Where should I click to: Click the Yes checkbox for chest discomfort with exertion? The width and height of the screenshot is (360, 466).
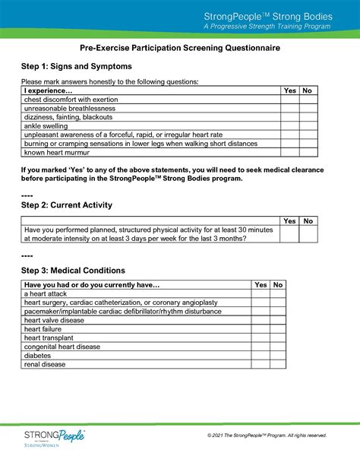(x=289, y=100)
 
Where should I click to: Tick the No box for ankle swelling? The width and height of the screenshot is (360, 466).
(x=308, y=127)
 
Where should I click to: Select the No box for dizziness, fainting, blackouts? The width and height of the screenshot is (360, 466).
(x=308, y=118)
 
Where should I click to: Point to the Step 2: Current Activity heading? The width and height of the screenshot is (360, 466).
(x=67, y=205)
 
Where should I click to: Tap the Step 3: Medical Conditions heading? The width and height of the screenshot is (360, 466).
(x=73, y=271)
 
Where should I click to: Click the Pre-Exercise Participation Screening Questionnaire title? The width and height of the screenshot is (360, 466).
(x=180, y=47)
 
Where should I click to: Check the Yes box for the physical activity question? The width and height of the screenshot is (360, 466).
(x=289, y=233)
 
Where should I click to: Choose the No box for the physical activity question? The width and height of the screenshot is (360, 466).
(x=308, y=233)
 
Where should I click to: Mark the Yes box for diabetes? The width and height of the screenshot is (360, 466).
(x=261, y=355)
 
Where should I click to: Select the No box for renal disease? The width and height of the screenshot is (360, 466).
(x=278, y=364)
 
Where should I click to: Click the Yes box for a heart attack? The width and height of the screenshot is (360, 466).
(x=261, y=293)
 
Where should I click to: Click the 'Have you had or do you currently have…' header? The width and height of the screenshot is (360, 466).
(x=92, y=285)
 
